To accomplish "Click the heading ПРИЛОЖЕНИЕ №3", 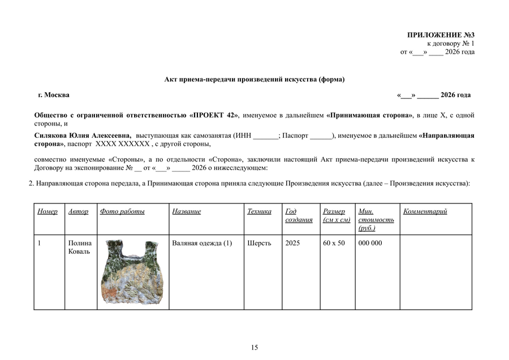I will click(441, 35).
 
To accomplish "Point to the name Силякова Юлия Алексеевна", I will click(83, 136).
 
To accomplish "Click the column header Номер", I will click(48, 211).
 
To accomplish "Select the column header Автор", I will click(78, 211).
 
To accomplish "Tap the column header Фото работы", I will click(122, 211).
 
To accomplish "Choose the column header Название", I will click(187, 211).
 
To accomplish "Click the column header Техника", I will click(259, 211).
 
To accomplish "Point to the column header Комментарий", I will click(425, 211).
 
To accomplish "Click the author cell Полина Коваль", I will click(79, 247).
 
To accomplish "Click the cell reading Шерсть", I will click(259, 243).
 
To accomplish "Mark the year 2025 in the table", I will click(293, 243).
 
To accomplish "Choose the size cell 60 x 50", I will click(334, 243).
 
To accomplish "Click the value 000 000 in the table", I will click(370, 243).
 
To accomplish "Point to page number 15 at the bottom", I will click(255, 347).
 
